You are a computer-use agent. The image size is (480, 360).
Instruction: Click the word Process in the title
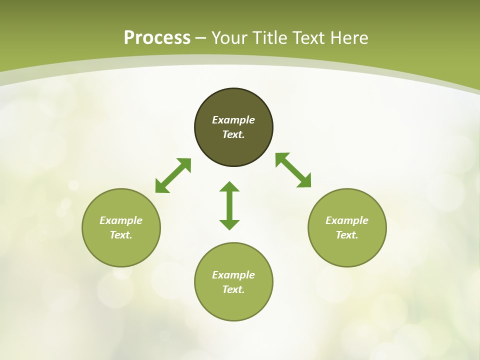(x=157, y=38)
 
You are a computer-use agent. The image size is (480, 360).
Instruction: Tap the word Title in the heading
(x=270, y=38)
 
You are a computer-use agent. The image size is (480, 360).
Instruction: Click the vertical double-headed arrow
(x=229, y=205)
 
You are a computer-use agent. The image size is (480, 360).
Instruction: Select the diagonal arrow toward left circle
(x=173, y=175)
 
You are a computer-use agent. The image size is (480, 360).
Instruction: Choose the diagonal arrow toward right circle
(x=293, y=170)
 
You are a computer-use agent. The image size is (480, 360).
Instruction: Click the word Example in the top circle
(x=233, y=120)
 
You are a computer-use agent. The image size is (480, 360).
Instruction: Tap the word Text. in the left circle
(x=121, y=235)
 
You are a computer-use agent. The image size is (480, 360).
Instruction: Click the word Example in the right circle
(x=347, y=220)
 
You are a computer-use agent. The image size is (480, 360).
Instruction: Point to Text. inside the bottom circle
(x=233, y=289)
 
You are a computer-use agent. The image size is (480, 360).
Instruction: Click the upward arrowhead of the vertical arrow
(x=229, y=187)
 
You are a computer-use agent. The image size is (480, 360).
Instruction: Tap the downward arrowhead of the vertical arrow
(x=229, y=224)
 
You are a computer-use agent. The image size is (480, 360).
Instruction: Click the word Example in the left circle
(x=121, y=220)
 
